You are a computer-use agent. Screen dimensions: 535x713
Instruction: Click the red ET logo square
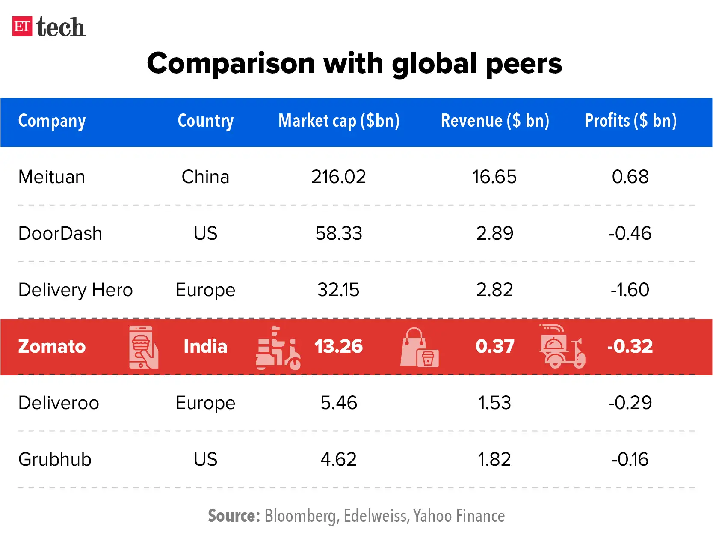[22, 27]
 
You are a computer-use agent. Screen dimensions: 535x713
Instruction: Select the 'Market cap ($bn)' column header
[339, 121]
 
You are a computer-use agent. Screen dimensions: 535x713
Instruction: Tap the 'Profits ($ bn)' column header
[630, 121]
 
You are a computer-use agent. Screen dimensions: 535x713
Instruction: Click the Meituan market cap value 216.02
[338, 177]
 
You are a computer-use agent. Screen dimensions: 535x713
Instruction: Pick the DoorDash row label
[60, 234]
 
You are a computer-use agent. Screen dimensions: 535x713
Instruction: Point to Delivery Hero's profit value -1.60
[630, 290]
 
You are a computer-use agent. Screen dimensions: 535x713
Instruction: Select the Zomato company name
[52, 347]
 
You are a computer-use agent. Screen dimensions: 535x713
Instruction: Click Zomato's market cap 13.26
[338, 347]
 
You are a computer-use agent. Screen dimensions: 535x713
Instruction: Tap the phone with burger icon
[143, 347]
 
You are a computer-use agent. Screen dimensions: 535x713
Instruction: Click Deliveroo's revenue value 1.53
[494, 403]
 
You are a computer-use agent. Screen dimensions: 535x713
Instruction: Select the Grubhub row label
[55, 460]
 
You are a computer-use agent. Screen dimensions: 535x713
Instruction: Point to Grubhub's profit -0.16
[630, 460]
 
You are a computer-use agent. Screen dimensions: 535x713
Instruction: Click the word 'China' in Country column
[205, 177]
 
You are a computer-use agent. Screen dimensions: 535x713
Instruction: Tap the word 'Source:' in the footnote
[234, 516]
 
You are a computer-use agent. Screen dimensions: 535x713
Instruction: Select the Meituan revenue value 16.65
[494, 177]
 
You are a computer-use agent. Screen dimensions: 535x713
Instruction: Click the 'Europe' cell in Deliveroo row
[205, 403]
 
